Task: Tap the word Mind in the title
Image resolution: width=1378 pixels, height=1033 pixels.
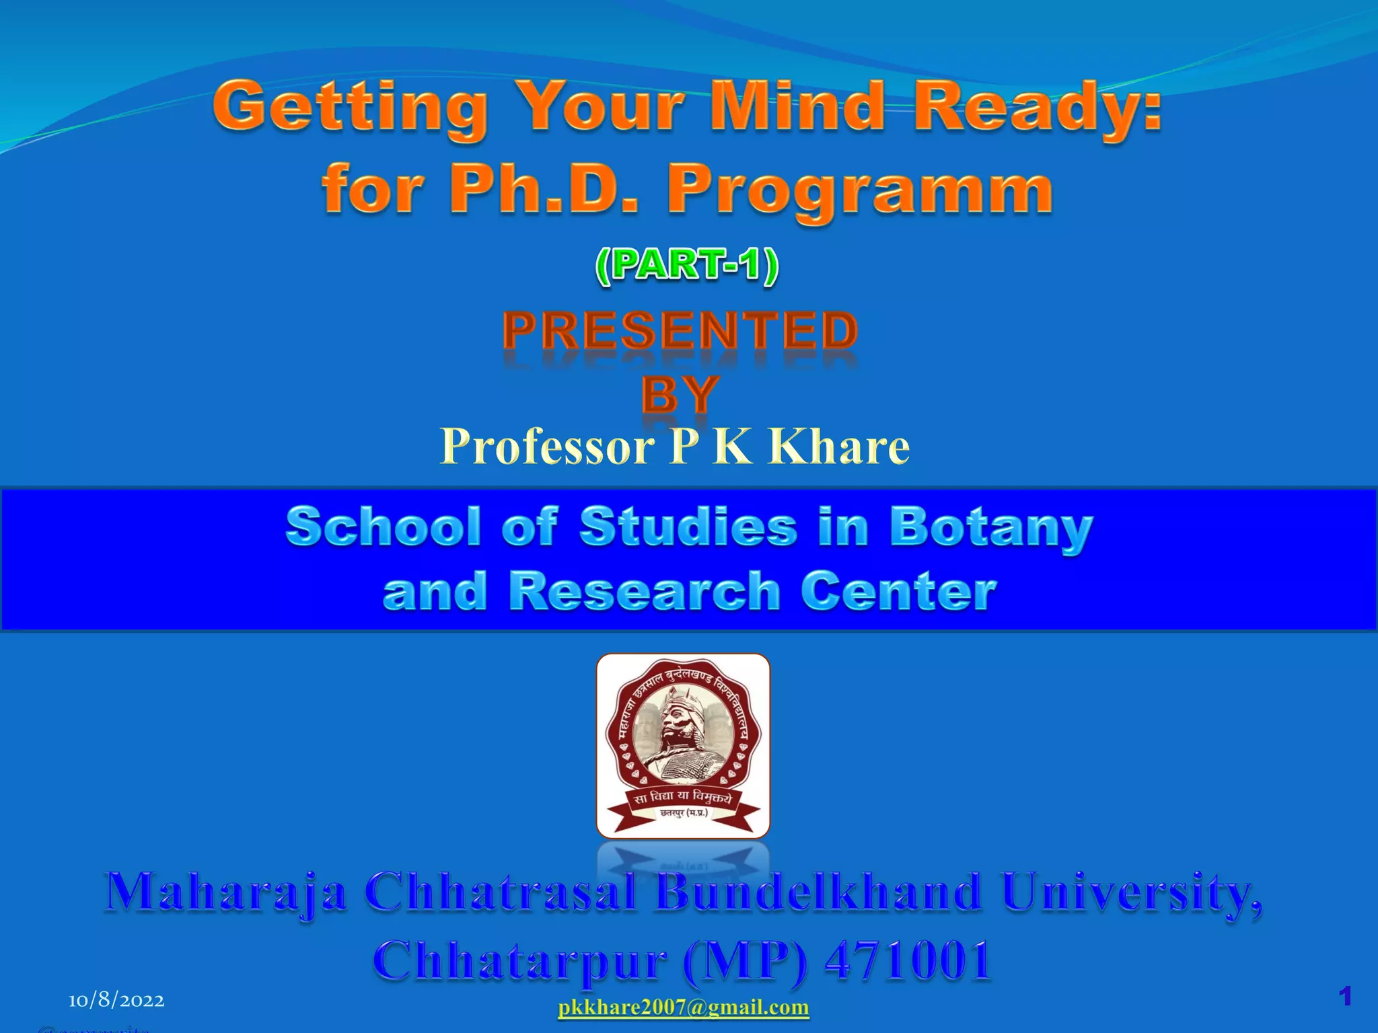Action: [x=797, y=106]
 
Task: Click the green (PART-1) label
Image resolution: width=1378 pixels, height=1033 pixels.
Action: [x=687, y=266]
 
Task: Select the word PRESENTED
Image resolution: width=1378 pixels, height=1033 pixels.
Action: [x=680, y=331]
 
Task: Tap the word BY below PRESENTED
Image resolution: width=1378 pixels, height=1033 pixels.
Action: [x=680, y=394]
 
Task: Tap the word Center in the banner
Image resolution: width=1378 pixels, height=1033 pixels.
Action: [x=898, y=591]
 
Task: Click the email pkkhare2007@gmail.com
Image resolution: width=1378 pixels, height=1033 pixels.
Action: [x=684, y=1007]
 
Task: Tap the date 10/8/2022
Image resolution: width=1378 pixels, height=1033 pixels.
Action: [x=116, y=1001]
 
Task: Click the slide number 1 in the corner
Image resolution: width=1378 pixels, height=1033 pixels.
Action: [x=1345, y=996]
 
